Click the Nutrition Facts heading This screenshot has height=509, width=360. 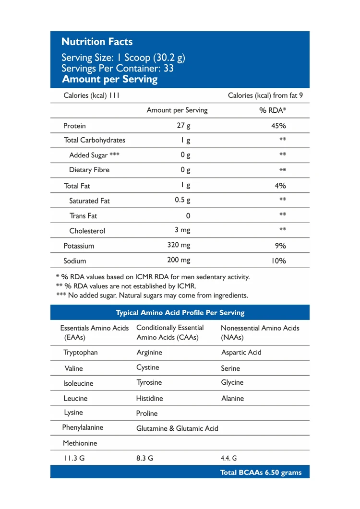[97, 42]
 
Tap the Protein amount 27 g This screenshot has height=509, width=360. [183, 126]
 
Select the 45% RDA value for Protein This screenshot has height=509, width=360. [278, 126]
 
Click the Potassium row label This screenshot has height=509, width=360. [79, 246]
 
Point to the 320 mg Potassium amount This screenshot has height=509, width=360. [179, 245]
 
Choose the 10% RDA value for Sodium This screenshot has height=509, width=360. [278, 261]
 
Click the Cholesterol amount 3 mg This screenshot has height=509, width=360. [182, 230]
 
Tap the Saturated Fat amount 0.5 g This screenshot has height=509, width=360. [183, 200]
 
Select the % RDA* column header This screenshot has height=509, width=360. [273, 110]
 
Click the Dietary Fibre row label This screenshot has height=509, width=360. [89, 170]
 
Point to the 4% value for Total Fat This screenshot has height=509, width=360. [279, 186]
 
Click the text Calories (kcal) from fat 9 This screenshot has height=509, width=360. [265, 95]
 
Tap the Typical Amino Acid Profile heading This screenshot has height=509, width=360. [180, 313]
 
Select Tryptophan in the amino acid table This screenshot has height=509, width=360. [80, 353]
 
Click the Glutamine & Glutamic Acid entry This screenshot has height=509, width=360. [177, 428]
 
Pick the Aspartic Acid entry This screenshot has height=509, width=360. [241, 353]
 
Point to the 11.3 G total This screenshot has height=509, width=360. [74, 458]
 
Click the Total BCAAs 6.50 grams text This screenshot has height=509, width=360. [261, 473]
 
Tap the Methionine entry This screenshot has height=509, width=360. [80, 443]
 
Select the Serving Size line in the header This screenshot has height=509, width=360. [123, 58]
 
